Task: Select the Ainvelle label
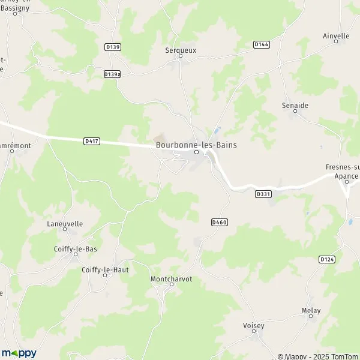[336, 36]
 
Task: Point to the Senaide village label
[295, 106]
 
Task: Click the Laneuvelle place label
[65, 224]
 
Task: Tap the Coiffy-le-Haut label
[105, 270]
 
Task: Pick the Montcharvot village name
[171, 279]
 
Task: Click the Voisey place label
[254, 325]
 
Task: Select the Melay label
[311, 310]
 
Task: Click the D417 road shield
[92, 140]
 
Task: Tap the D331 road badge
[263, 194]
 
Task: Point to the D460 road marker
[220, 222]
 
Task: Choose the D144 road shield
[261, 44]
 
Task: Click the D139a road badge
[112, 74]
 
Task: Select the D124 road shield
[326, 259]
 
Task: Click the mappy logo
[19, 353]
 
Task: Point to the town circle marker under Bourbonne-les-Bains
[196, 152]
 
